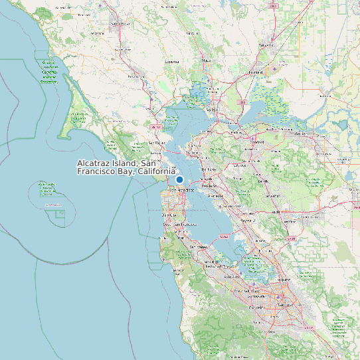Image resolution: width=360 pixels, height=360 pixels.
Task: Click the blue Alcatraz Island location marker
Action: (x=179, y=179)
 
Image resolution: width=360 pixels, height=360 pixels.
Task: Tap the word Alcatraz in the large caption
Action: (x=96, y=163)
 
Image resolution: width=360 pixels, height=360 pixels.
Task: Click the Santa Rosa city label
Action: (x=120, y=24)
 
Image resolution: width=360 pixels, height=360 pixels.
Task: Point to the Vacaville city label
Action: (x=266, y=45)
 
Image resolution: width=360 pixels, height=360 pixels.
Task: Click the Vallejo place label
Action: (x=213, y=110)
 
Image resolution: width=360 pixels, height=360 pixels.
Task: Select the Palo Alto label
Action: (x=232, y=276)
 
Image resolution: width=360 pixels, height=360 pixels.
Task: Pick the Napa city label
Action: (x=207, y=60)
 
